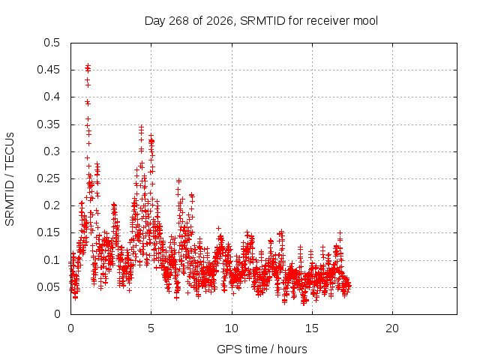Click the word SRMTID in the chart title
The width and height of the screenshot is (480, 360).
pos(262,21)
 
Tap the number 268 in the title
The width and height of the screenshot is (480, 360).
pos(178,21)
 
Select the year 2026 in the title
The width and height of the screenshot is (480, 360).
pos(219,21)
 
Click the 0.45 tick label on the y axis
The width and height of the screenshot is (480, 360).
pos(48,70)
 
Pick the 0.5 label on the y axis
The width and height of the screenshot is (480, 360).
pos(52,43)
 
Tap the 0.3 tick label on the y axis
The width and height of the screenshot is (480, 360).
pos(52,151)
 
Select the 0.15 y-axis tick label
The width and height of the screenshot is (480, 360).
pos(48,232)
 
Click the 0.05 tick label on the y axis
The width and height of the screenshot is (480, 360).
pos(48,287)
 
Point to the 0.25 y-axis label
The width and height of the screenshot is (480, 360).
pos(48,178)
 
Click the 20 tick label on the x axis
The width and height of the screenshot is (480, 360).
pos(392,328)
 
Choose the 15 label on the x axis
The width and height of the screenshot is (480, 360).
pos(312,328)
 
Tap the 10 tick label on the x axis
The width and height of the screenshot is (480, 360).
pos(232,328)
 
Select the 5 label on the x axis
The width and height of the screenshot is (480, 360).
pos(151,328)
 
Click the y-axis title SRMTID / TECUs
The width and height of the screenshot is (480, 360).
pos(10,179)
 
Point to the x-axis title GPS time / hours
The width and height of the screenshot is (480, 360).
pos(262,349)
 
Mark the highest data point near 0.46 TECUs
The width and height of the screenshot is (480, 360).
pos(88,65)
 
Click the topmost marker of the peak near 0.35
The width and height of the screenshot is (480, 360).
pos(141,127)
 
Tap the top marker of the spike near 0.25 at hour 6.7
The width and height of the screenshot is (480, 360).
pos(178,181)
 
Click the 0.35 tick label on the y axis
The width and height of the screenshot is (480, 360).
pos(48,124)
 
